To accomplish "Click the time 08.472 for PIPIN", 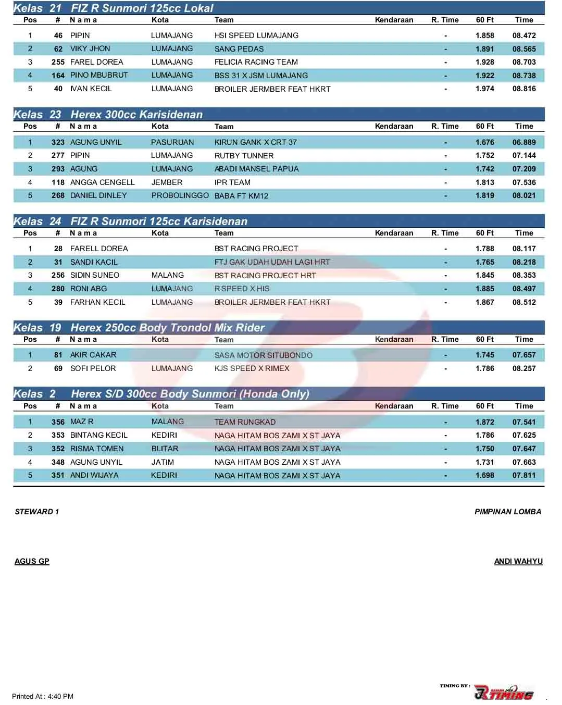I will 523,35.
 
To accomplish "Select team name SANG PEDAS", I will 239,49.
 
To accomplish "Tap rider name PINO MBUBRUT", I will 99,75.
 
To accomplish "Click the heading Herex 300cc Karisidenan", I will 136,115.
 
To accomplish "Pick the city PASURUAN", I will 172,142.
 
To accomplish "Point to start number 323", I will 58,142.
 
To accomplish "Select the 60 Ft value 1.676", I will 484,142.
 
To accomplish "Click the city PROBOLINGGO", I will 180,195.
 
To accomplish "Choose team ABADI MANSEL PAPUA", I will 256,169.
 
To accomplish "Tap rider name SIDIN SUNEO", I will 95,275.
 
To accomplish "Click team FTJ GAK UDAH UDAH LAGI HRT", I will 272,262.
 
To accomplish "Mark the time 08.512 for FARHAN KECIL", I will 523,302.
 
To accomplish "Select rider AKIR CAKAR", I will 93,355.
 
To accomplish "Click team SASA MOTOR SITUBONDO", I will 264,355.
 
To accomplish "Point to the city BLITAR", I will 165,449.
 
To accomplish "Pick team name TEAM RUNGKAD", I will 245,422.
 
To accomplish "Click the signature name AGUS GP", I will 32,561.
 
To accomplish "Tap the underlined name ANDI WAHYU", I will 518,561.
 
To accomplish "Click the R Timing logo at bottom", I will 503,692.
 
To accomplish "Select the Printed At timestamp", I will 43,696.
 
